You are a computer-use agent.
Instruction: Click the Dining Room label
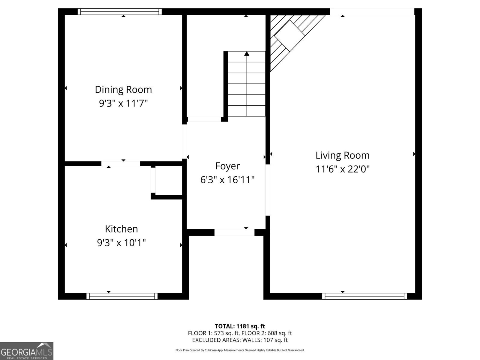click(x=123, y=89)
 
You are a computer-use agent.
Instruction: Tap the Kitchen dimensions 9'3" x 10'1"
click(x=121, y=242)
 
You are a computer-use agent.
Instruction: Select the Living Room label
click(x=342, y=155)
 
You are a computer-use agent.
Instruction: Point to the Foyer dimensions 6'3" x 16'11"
click(x=227, y=180)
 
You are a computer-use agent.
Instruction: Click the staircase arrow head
click(x=247, y=54)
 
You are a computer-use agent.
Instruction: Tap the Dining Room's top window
click(x=120, y=11)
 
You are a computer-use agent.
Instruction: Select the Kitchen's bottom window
click(x=122, y=296)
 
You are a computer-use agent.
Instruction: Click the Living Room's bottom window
click(x=364, y=296)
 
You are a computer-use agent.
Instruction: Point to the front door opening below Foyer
click(x=234, y=232)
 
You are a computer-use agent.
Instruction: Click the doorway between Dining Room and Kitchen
click(x=121, y=163)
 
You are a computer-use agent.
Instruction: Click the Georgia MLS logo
click(x=26, y=351)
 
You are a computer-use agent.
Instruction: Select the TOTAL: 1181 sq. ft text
click(x=240, y=326)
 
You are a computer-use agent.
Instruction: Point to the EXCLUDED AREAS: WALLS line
click(x=240, y=340)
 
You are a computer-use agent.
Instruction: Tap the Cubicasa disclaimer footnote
click(x=240, y=350)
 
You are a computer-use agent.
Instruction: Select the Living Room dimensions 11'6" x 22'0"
click(x=342, y=169)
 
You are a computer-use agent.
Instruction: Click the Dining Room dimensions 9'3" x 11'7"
click(x=123, y=103)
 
